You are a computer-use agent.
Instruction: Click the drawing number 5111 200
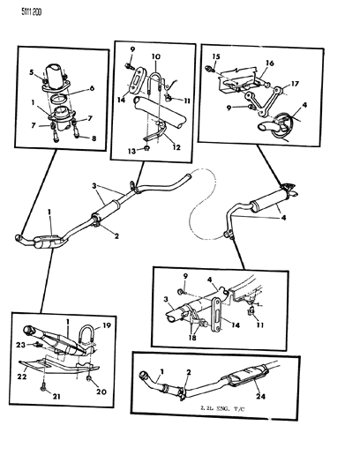pos(20,11)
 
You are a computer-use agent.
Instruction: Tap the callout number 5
pos(30,71)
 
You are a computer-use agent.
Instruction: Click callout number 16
pos(271,64)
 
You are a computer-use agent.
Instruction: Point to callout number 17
pos(295,86)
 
